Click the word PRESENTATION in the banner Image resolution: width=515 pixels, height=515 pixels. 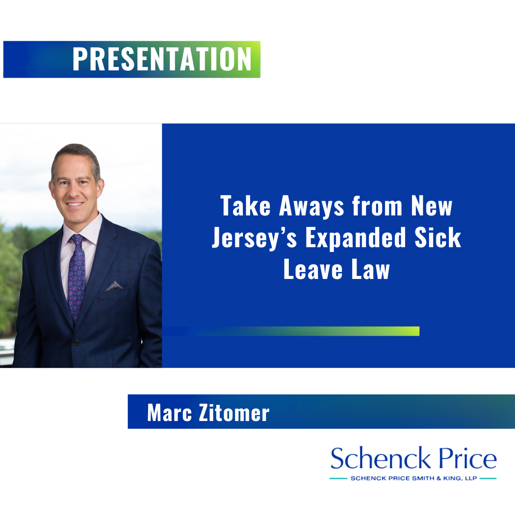(162, 59)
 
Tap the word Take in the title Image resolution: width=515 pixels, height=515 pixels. (245, 206)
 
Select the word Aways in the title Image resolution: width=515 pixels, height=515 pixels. (311, 207)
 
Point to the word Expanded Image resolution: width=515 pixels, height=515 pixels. (356, 239)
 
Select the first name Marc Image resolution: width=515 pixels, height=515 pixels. (170, 413)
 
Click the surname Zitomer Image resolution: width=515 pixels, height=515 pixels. (234, 413)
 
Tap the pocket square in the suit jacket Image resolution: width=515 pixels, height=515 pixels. (114, 286)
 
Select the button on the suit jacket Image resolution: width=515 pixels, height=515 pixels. (76, 342)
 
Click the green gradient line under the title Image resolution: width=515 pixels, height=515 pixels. (291, 331)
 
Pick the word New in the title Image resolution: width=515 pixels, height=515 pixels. (432, 206)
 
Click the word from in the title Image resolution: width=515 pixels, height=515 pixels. (377, 206)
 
